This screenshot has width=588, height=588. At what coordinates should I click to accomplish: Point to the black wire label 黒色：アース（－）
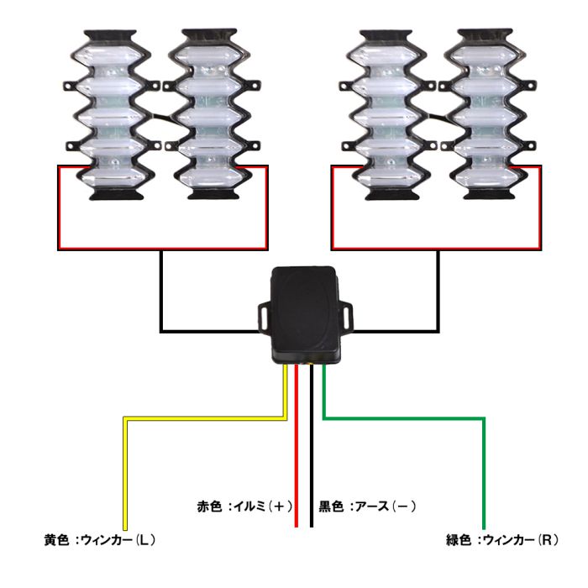coord(368,507)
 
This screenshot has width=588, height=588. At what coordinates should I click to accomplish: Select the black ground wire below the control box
coord(312,454)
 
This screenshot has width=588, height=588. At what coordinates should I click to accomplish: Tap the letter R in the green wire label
coord(545,539)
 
